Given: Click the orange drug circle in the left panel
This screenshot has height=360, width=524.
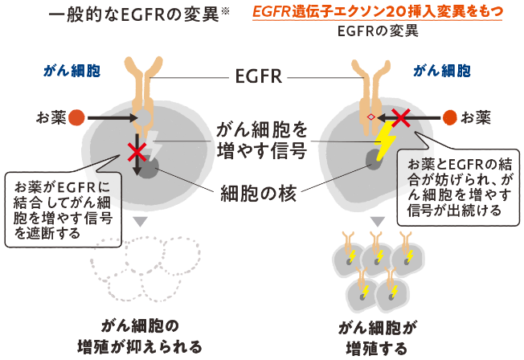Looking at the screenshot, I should pyautogui.click(x=76, y=118).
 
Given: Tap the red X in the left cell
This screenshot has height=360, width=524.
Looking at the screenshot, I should pyautogui.click(x=137, y=150).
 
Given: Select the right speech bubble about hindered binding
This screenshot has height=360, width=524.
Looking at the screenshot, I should pyautogui.click(x=457, y=185).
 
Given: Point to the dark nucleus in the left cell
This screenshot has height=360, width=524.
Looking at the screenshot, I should pyautogui.click(x=150, y=167).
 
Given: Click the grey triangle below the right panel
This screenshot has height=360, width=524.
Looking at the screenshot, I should pyautogui.click(x=376, y=221).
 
